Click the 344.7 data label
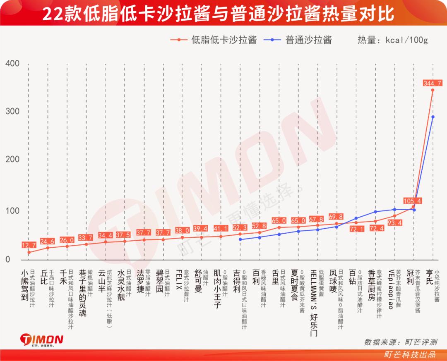433,83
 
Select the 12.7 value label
29,245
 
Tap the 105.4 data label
413,201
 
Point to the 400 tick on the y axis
12,63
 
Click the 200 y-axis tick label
12,160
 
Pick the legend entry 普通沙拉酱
308,40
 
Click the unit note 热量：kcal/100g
392,40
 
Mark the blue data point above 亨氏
433,117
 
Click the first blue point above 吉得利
240,239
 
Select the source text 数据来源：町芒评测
400,342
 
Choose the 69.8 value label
336,217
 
